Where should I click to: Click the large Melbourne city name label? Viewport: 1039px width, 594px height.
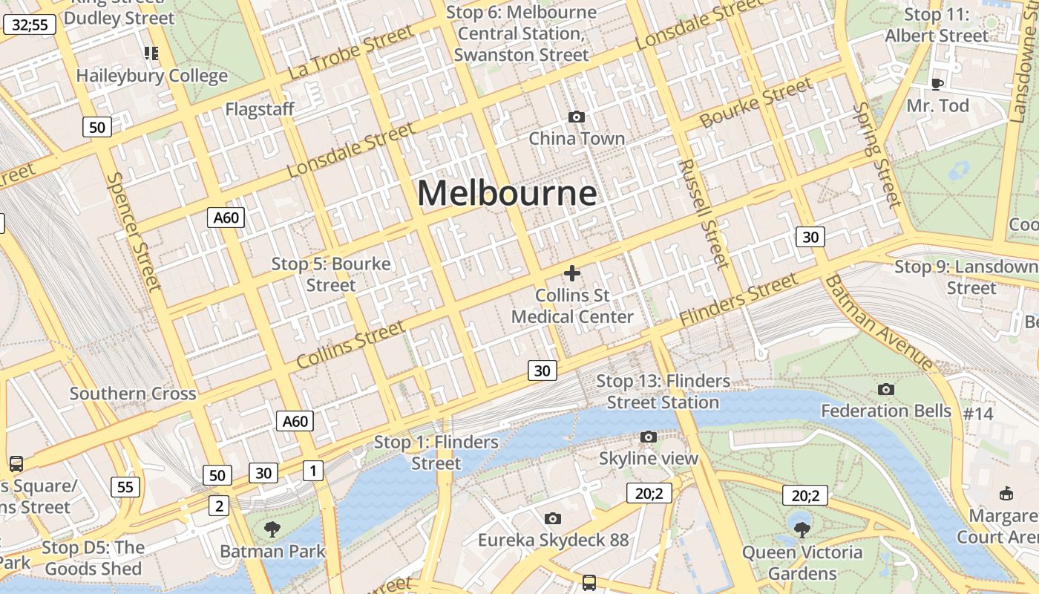[x=507, y=194]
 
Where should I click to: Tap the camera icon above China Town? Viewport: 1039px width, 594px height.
[x=576, y=117]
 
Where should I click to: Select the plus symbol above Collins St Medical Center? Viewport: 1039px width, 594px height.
[x=572, y=273]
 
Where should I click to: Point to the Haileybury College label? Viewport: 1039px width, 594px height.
[x=152, y=76]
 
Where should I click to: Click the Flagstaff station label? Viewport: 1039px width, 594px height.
[x=260, y=109]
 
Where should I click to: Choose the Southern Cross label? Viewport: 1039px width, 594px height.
[x=133, y=394]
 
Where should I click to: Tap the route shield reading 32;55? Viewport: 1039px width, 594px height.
[x=30, y=25]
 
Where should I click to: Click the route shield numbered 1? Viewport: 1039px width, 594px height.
[x=313, y=470]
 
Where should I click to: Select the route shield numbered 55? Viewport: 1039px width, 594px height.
[x=125, y=487]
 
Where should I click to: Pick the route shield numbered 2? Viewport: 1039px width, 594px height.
[x=218, y=506]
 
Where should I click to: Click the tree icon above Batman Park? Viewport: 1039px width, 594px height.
[x=272, y=529]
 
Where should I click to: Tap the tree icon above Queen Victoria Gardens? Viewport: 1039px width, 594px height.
[x=802, y=529]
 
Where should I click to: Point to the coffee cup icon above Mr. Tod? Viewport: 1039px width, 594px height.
[x=937, y=84]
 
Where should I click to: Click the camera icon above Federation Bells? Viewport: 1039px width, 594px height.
[x=885, y=389]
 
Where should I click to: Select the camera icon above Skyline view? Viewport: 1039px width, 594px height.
[x=649, y=437]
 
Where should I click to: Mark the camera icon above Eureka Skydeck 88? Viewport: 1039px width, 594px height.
[x=552, y=518]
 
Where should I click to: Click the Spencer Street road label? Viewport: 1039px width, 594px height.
[x=134, y=232]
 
